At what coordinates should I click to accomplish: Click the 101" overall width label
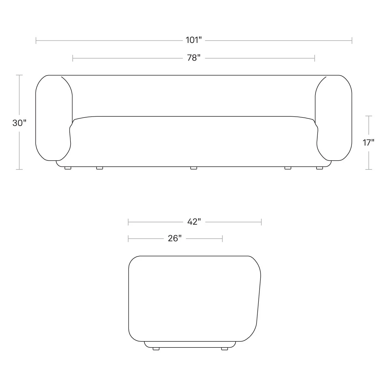[x=193, y=40]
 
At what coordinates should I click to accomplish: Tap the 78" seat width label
[x=194, y=58]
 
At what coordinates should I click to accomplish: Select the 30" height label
[x=19, y=123]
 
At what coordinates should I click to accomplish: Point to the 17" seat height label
[x=368, y=143]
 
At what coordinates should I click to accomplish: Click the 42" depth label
[x=194, y=222]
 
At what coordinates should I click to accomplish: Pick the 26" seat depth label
[x=175, y=238]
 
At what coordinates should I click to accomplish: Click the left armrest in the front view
[x=54, y=118]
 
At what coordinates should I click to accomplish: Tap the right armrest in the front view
[x=333, y=118]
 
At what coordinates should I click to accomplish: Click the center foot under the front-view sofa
[x=193, y=168]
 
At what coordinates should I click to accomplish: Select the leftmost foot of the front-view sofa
[x=68, y=168]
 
